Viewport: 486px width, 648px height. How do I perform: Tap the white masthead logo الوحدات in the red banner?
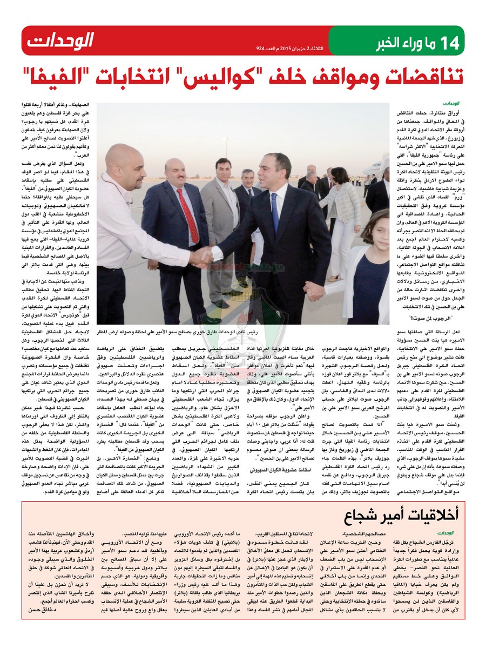60,39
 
